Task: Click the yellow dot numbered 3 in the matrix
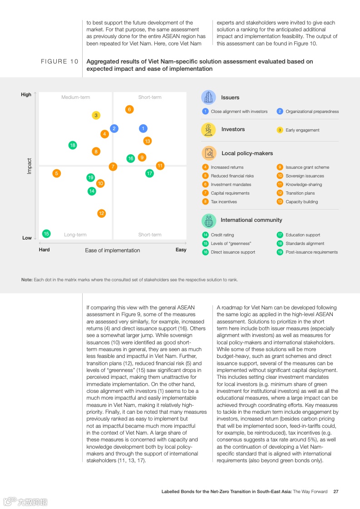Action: pyautogui.click(x=96, y=116)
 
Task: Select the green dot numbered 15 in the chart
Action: pyautogui.click(x=46, y=234)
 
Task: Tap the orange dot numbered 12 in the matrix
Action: pyautogui.click(x=102, y=213)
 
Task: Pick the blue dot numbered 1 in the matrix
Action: pyautogui.click(x=143, y=128)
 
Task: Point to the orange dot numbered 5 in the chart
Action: pyautogui.click(x=57, y=173)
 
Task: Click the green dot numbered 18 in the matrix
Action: pyautogui.click(x=73, y=145)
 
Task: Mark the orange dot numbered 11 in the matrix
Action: pyautogui.click(x=160, y=166)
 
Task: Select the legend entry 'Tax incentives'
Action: pyautogui.click(x=223, y=202)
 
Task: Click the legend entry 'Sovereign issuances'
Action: pyautogui.click(x=304, y=176)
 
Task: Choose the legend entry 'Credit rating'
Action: pyautogui.click(x=222, y=235)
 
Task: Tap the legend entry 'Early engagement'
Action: pyautogui.click(x=302, y=130)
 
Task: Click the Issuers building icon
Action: pyautogui.click(x=208, y=98)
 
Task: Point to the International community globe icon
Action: pyautogui.click(x=208, y=220)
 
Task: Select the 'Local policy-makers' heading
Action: pyautogui.click(x=247, y=153)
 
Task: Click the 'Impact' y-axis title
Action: pyautogui.click(x=30, y=166)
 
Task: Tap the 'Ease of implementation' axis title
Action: pyautogui.click(x=113, y=250)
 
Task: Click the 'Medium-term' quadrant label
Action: pyautogui.click(x=76, y=98)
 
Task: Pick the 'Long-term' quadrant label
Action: pyautogui.click(x=75, y=235)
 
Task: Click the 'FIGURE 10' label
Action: pyautogui.click(x=59, y=62)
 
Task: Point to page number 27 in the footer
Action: pyautogui.click(x=335, y=492)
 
